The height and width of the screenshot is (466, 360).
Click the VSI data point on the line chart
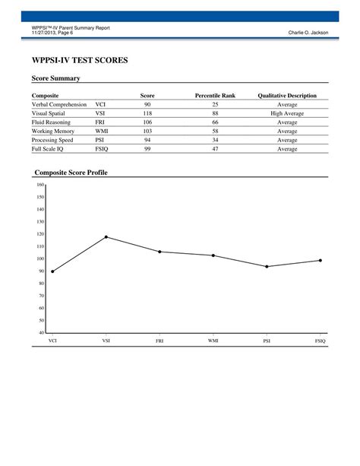(x=106, y=237)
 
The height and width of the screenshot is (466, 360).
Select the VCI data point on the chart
(x=52, y=271)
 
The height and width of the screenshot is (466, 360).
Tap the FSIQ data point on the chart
(x=320, y=261)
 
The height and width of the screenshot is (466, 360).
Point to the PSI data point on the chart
(x=267, y=267)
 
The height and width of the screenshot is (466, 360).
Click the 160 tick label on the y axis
(x=40, y=185)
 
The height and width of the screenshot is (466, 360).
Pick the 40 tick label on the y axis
(x=41, y=332)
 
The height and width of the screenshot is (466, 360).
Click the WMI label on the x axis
(x=213, y=341)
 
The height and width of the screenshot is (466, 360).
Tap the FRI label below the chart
(x=159, y=341)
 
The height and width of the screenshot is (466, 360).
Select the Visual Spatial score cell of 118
(x=147, y=113)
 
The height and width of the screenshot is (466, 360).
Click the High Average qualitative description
(x=287, y=113)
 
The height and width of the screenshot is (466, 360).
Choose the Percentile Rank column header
(x=215, y=95)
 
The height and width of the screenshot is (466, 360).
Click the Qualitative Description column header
(x=287, y=95)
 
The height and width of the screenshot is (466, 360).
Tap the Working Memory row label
(x=53, y=131)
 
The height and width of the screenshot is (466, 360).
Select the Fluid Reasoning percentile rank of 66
(x=215, y=122)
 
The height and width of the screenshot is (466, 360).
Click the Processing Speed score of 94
(x=147, y=140)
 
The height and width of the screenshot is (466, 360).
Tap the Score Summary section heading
(x=55, y=78)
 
